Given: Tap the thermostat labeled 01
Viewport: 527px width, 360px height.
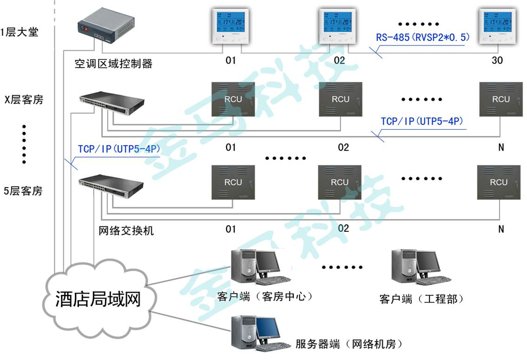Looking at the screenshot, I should (x=231, y=26).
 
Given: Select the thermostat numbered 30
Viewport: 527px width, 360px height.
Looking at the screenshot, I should (x=498, y=26).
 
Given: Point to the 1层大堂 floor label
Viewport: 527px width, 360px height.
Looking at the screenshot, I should (x=20, y=33).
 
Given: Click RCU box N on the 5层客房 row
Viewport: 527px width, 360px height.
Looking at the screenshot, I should (x=499, y=182).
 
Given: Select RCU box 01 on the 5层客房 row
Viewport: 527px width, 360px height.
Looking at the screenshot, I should (x=233, y=182).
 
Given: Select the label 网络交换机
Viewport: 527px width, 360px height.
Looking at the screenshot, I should (x=126, y=230).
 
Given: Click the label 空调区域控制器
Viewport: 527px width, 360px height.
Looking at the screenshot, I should (x=113, y=64).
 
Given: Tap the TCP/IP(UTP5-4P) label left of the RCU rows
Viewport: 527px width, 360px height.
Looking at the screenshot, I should (x=119, y=149).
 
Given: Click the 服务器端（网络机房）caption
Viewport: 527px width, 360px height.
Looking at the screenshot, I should (x=349, y=344).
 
